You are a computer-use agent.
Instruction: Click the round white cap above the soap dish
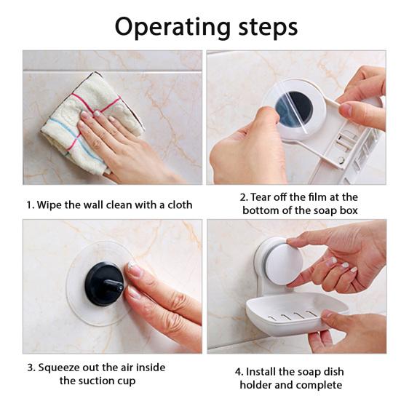click(283, 263)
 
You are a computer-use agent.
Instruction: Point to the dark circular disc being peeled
click(294, 108)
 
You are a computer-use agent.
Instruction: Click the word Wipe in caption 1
click(50, 205)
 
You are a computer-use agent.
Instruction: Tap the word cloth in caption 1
click(178, 205)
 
